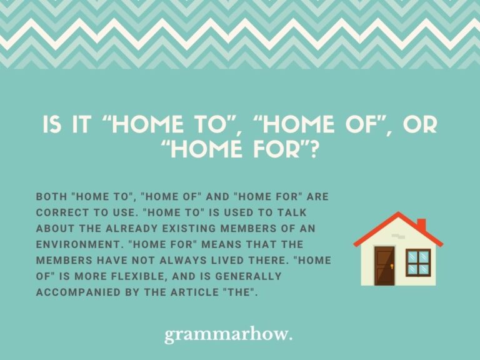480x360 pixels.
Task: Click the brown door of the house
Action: [384, 266]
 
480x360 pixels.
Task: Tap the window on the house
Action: [418, 262]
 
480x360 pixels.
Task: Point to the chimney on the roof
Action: [421, 224]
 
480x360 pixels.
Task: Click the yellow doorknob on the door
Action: [391, 266]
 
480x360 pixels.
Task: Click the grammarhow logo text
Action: [228, 335]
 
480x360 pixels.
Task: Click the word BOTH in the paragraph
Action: [52, 197]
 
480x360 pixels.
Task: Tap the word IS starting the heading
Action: [52, 125]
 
